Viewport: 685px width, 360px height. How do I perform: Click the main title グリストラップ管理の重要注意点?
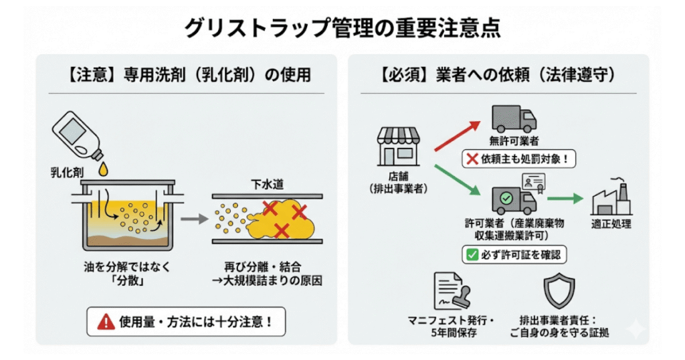coord(342,27)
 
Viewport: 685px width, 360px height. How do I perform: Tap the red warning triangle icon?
coord(106,322)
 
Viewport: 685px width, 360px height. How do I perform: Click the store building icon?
coord(399,147)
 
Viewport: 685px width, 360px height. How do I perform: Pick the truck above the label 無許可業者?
coord(514,118)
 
